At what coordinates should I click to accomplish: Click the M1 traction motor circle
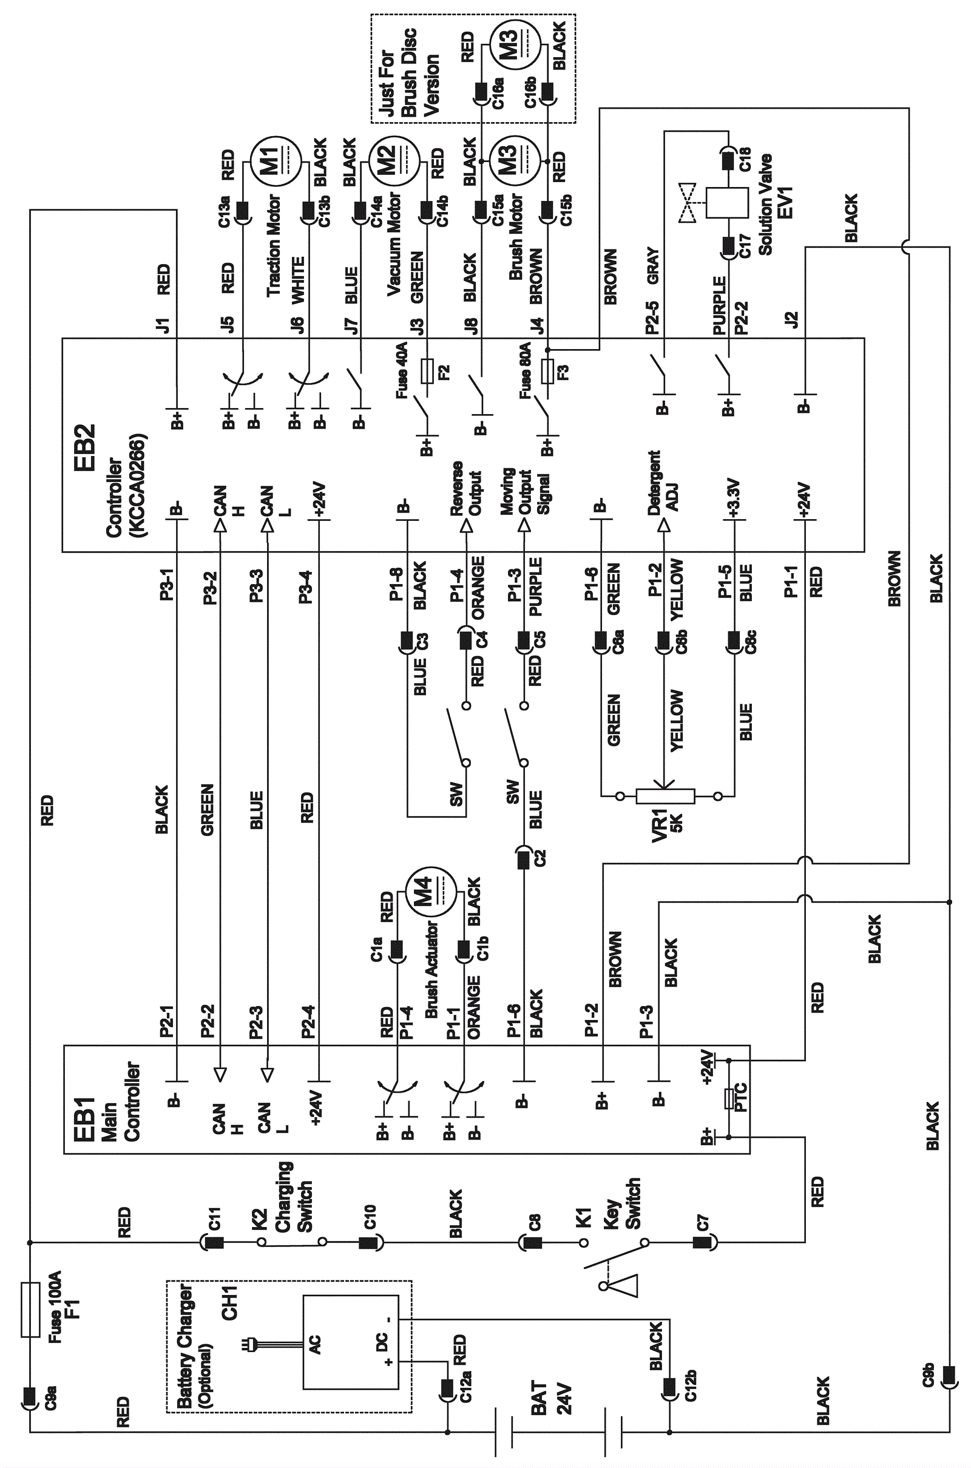(x=275, y=161)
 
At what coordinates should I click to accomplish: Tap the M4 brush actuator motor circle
(x=430, y=892)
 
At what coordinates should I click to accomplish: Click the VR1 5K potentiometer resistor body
(x=665, y=796)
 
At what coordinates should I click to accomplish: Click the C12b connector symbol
(x=669, y=1386)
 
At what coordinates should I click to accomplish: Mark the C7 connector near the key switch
(x=703, y=1242)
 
